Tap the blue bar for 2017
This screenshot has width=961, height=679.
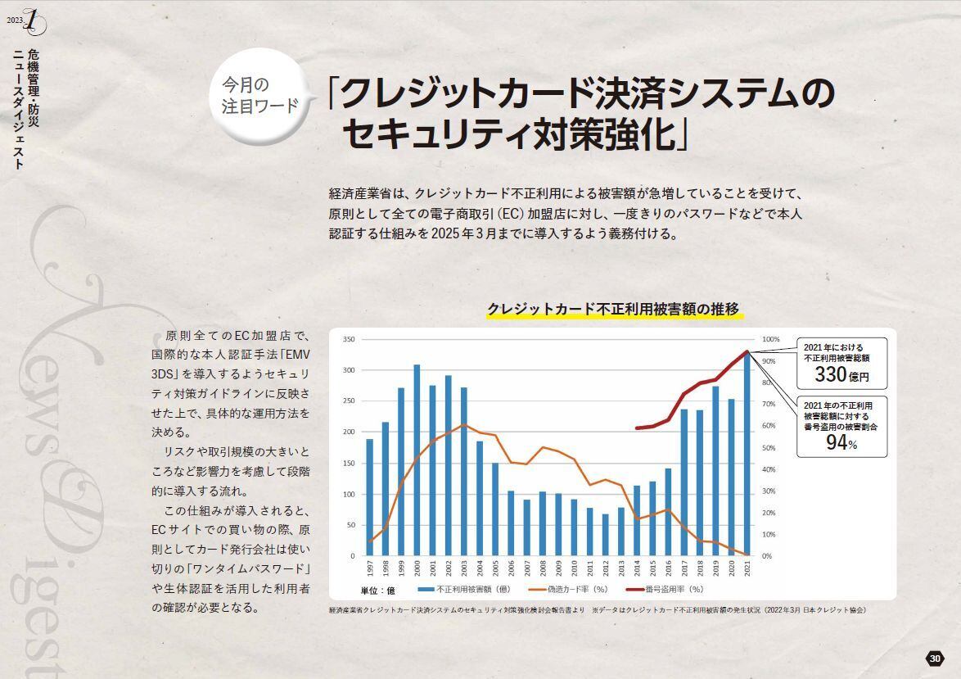684,482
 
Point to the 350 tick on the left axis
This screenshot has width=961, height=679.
348,339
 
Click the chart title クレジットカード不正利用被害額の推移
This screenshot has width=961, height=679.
613,309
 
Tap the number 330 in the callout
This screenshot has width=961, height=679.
831,374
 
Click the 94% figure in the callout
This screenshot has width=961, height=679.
837,442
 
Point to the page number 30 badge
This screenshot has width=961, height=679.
936,659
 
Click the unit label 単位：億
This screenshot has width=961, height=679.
378,590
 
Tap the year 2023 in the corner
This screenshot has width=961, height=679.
15,20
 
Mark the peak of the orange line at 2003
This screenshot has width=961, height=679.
464,424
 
